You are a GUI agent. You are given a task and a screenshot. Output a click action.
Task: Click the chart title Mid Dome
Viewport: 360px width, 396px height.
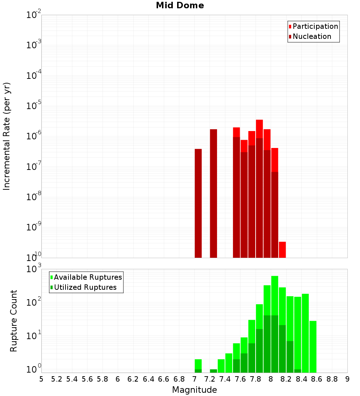180,5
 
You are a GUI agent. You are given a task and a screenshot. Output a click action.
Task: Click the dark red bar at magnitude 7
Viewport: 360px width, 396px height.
198,203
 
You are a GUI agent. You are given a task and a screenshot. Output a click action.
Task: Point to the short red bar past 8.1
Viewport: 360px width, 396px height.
282,249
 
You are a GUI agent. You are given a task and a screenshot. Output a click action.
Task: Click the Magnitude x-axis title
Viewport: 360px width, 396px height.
194,390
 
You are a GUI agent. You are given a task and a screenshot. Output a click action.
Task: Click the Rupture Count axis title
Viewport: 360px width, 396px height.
14,320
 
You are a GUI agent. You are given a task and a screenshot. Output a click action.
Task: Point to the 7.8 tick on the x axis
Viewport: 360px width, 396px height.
255,379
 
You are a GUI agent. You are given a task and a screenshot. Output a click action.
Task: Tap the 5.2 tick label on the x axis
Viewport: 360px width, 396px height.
57,379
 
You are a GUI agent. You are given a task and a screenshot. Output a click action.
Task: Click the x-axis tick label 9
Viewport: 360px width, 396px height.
347,379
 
